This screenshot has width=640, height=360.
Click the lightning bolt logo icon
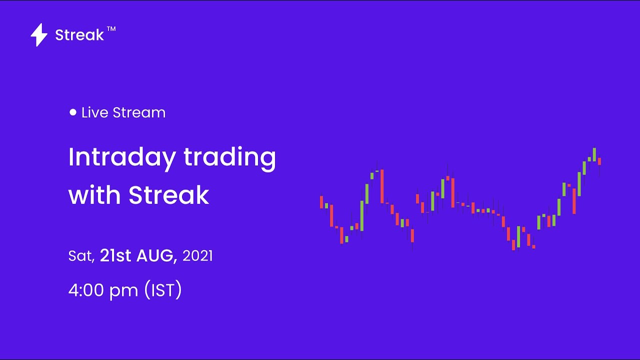point(39,35)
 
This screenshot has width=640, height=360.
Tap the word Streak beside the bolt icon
point(79,35)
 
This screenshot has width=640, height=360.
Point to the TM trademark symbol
point(111,29)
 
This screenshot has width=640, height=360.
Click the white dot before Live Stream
point(73,112)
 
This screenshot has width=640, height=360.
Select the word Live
point(95,112)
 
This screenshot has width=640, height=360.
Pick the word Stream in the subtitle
point(139,112)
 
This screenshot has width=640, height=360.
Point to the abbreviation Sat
point(80,256)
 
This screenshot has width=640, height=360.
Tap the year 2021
point(197,256)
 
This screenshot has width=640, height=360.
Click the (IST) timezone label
point(162,290)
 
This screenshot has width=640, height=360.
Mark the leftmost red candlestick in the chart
point(321,201)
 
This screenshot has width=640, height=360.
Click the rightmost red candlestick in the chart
point(599,161)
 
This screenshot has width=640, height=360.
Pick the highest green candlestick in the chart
point(594,154)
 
